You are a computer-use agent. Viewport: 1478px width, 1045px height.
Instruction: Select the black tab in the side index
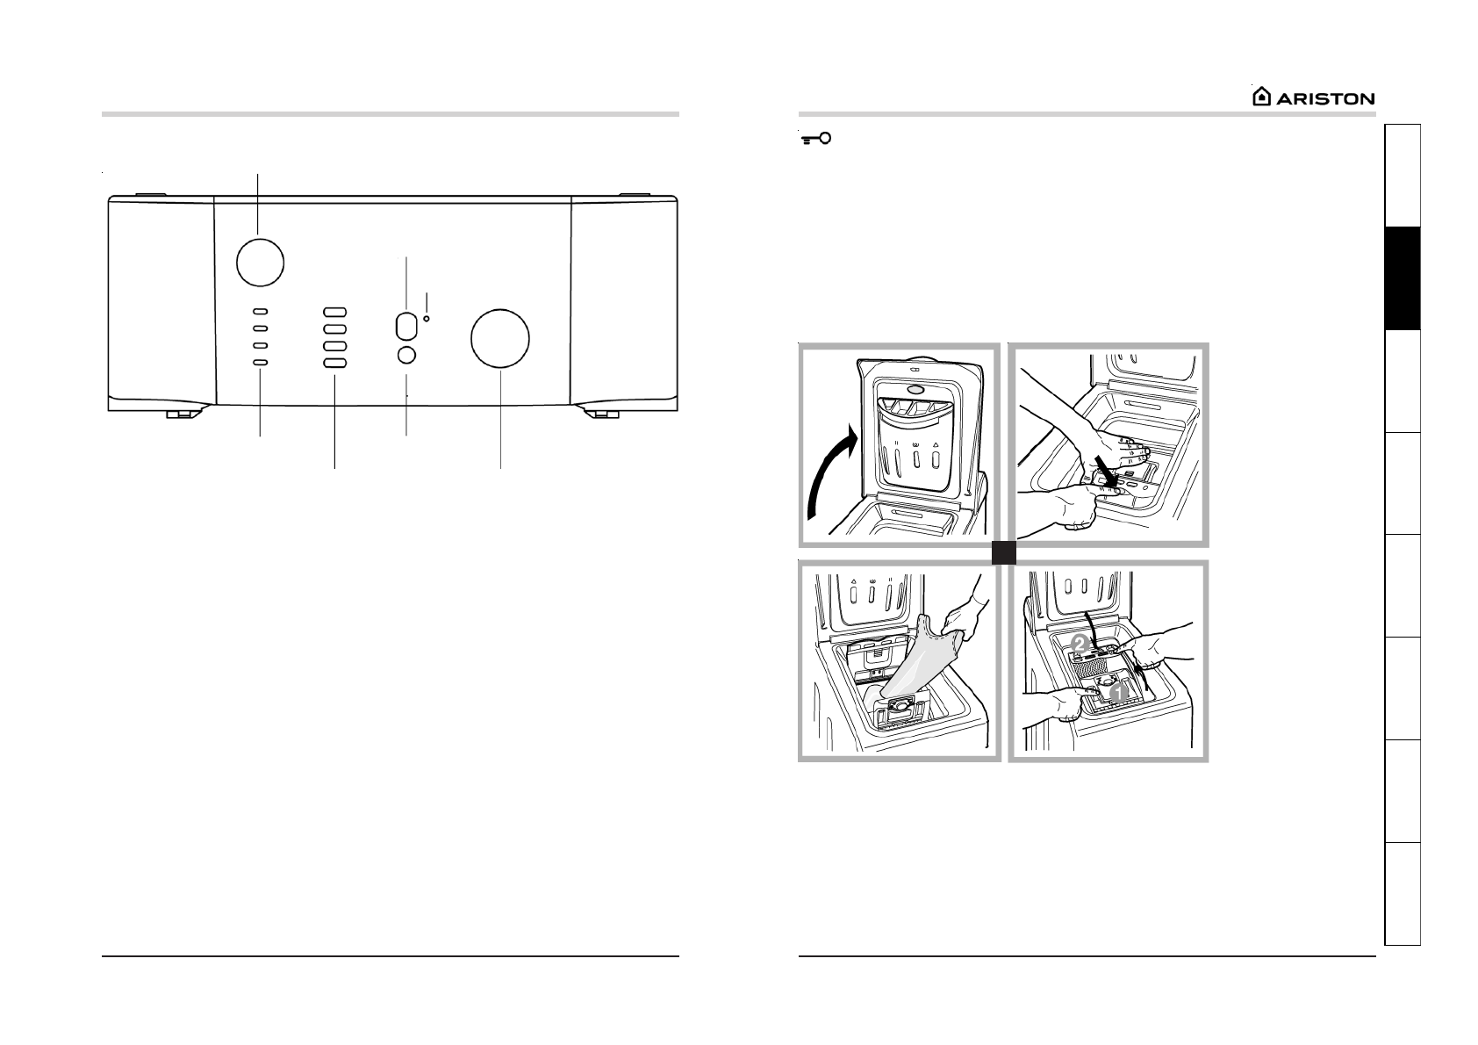(1402, 278)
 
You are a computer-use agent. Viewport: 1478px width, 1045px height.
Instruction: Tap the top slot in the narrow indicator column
(261, 312)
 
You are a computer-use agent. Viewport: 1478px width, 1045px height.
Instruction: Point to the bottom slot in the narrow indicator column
(261, 363)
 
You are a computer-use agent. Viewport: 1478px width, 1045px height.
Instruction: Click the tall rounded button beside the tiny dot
(405, 326)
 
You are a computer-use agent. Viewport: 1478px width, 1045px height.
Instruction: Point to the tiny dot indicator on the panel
(427, 318)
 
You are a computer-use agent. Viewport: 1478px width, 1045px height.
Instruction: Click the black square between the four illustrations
(1004, 552)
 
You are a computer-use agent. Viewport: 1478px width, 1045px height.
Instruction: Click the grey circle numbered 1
(1117, 693)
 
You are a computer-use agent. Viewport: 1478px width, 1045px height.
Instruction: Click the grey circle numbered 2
(1081, 642)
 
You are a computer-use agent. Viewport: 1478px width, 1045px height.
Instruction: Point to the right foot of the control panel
(602, 412)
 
